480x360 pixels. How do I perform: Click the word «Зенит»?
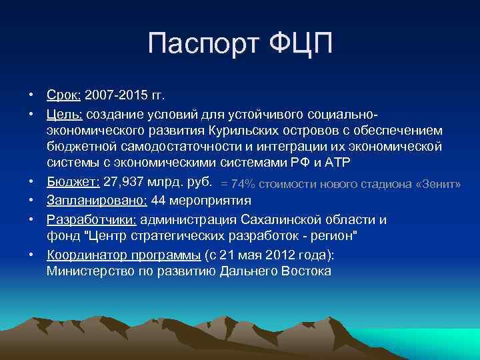click(x=437, y=184)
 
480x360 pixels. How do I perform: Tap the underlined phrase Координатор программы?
click(x=122, y=255)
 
